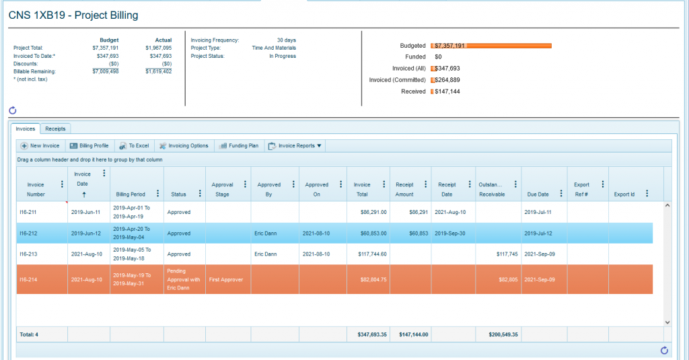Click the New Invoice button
pos(40,145)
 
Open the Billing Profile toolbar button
pos(89,145)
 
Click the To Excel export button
pos(134,145)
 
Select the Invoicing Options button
pos(184,145)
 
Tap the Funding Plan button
pos(238,145)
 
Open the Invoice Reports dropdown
pos(295,145)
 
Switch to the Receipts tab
pos(55,129)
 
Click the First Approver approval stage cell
pos(226,279)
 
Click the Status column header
pos(179,194)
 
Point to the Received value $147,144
pos(447,92)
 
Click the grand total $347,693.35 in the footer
pos(368,334)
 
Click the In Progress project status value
pos(283,56)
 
